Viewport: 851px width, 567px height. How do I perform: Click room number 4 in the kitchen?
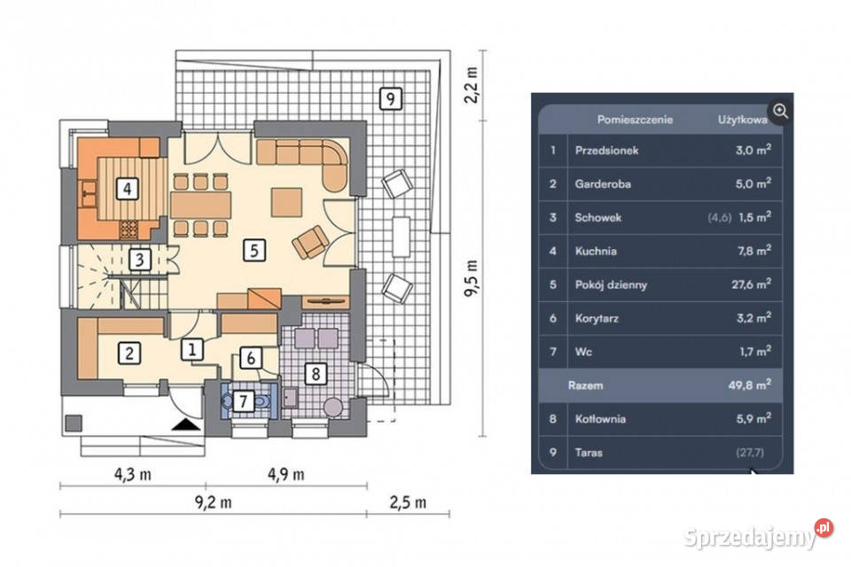pos(127,189)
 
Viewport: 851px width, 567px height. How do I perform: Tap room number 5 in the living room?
pos(254,251)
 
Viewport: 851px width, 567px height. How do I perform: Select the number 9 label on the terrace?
pos(390,98)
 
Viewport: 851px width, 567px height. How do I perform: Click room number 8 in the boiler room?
pos(316,374)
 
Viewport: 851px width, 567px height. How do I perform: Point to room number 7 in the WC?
pos(243,401)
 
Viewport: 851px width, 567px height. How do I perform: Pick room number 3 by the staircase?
pos(140,260)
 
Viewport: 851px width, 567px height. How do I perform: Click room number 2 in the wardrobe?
pos(129,353)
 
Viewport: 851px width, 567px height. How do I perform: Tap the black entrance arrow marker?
pos(186,424)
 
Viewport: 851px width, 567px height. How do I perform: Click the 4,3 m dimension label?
pos(132,475)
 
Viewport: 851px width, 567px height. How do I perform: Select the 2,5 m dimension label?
pos(408,502)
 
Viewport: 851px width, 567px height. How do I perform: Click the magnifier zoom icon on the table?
pos(780,112)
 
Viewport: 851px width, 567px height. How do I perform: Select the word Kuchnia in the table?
pos(596,252)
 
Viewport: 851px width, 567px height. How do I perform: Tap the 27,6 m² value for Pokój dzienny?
pos(751,283)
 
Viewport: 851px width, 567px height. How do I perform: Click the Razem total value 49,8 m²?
pos(750,384)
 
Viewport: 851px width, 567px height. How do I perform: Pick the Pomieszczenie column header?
pos(635,120)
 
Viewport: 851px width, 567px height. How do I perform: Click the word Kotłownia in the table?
pos(600,419)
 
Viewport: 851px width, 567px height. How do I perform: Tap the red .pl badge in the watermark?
pos(824,527)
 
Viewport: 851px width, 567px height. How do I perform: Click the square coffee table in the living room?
pos(286,202)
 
